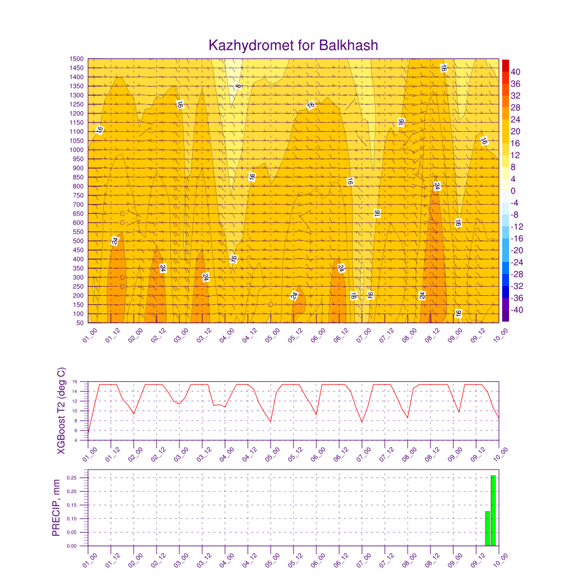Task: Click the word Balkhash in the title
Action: coord(348,45)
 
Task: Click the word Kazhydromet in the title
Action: coord(251,46)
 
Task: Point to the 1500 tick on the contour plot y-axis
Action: coord(76,59)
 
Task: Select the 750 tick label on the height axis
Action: coord(78,195)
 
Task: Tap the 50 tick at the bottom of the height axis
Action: coord(80,323)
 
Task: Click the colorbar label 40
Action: coord(515,72)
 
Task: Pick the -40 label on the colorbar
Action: coord(516,310)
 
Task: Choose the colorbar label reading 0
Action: coord(513,191)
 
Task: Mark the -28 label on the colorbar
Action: coord(516,275)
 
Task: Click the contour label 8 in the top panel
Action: coord(238,86)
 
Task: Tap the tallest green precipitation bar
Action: coord(493,511)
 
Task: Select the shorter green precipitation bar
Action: coord(487,529)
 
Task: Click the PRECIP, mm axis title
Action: coord(56,508)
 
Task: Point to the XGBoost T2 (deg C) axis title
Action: coord(61,410)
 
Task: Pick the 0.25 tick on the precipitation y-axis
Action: coord(72,478)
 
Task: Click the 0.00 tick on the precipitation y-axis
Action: coord(72,546)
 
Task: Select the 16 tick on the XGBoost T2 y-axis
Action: coord(75,382)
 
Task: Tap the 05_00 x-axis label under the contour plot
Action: coord(272,335)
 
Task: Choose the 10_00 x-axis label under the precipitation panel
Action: coord(500,560)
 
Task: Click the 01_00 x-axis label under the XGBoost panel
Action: coord(90,455)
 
